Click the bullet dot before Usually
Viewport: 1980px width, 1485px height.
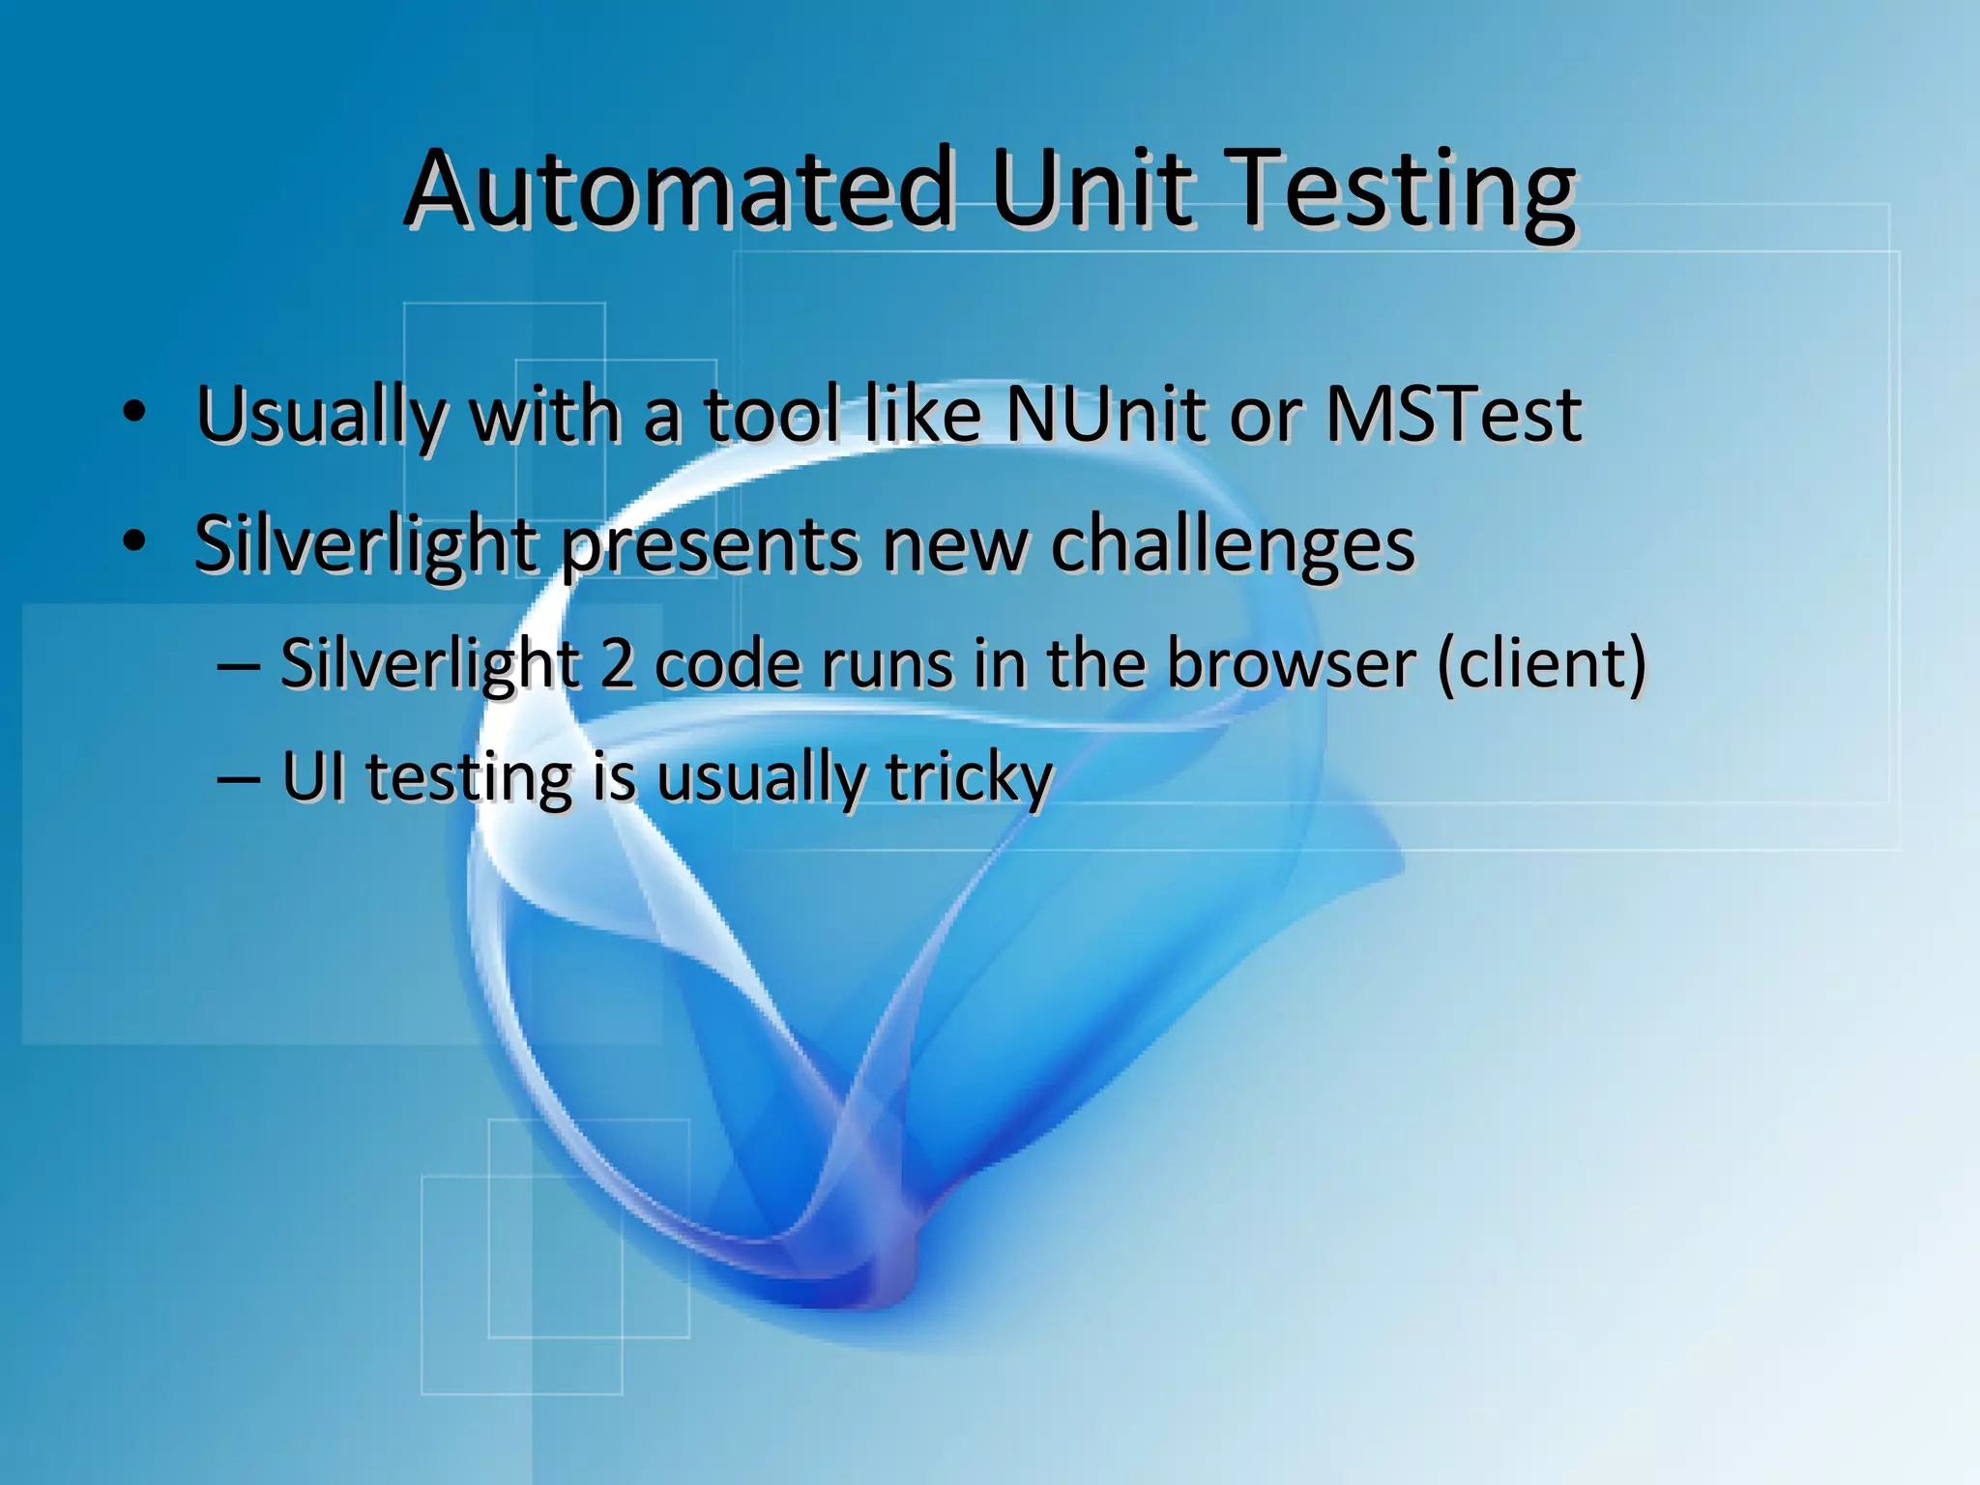[x=134, y=413]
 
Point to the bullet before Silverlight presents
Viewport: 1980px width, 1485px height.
[x=134, y=542]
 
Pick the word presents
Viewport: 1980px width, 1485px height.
[x=710, y=546]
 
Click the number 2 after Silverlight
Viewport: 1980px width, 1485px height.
[x=617, y=665]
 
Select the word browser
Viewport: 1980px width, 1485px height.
[x=1292, y=665]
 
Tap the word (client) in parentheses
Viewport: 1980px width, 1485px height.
[x=1541, y=665]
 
